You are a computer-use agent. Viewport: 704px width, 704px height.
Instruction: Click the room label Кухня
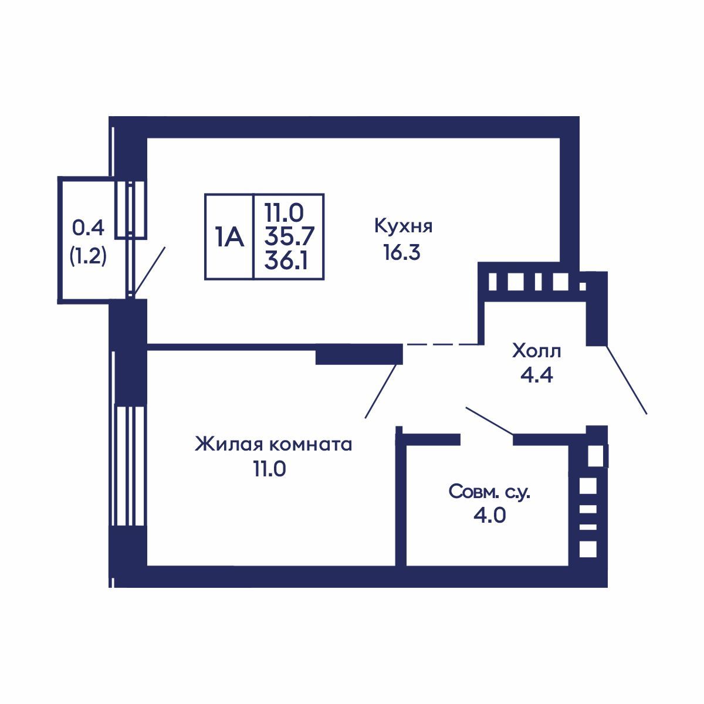403,227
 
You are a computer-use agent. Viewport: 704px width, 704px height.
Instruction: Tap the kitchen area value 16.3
402,252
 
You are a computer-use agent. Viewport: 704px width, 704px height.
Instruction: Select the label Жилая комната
273,445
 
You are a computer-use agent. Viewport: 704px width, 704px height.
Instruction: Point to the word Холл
536,351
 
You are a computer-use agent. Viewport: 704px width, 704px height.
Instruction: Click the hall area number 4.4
537,375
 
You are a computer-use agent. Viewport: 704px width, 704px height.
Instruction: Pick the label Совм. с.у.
489,492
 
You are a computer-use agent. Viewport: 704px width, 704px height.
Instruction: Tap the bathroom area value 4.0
489,516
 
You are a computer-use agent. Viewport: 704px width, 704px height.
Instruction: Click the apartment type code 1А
229,237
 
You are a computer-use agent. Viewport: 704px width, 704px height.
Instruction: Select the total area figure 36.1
286,261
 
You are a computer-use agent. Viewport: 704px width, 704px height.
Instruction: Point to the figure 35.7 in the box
289,237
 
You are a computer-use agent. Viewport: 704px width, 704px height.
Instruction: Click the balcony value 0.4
89,228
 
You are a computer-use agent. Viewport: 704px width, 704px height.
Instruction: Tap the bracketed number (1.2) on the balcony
88,256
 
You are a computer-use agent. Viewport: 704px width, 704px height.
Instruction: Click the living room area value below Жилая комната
270,469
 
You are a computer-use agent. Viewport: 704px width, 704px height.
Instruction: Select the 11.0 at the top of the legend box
284,213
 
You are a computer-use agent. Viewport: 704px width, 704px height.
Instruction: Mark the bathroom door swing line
490,421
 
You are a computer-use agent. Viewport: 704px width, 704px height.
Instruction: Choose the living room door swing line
381,391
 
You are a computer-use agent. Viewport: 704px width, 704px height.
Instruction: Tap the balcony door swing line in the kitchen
149,271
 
